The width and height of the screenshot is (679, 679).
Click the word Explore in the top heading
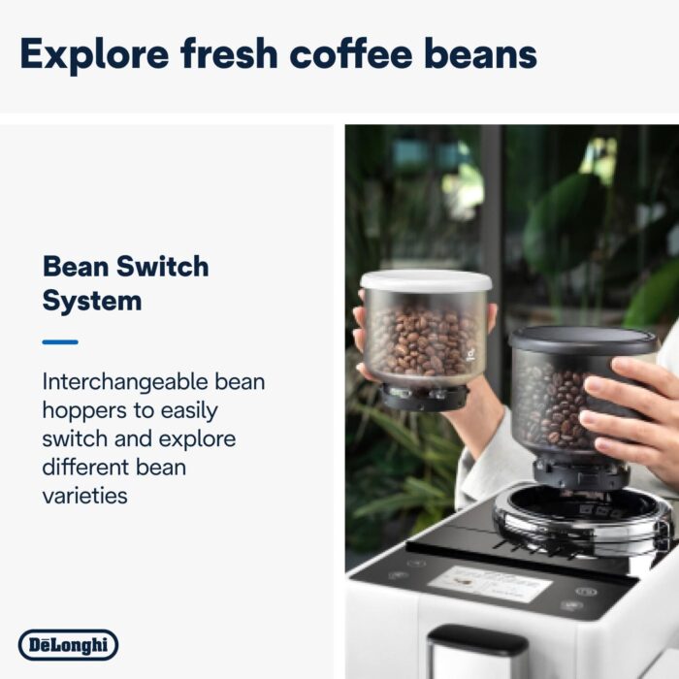pos(92,53)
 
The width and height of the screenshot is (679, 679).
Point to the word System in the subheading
pos(92,301)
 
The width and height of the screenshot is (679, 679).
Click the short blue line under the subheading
pos(60,341)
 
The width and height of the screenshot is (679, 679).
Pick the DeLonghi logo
pos(68,644)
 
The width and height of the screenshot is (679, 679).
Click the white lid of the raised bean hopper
pos(426,281)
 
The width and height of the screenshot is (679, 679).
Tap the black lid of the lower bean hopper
pos(584,339)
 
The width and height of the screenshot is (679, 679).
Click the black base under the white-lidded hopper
pos(423,396)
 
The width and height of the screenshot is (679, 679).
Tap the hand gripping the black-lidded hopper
pos(635,407)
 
